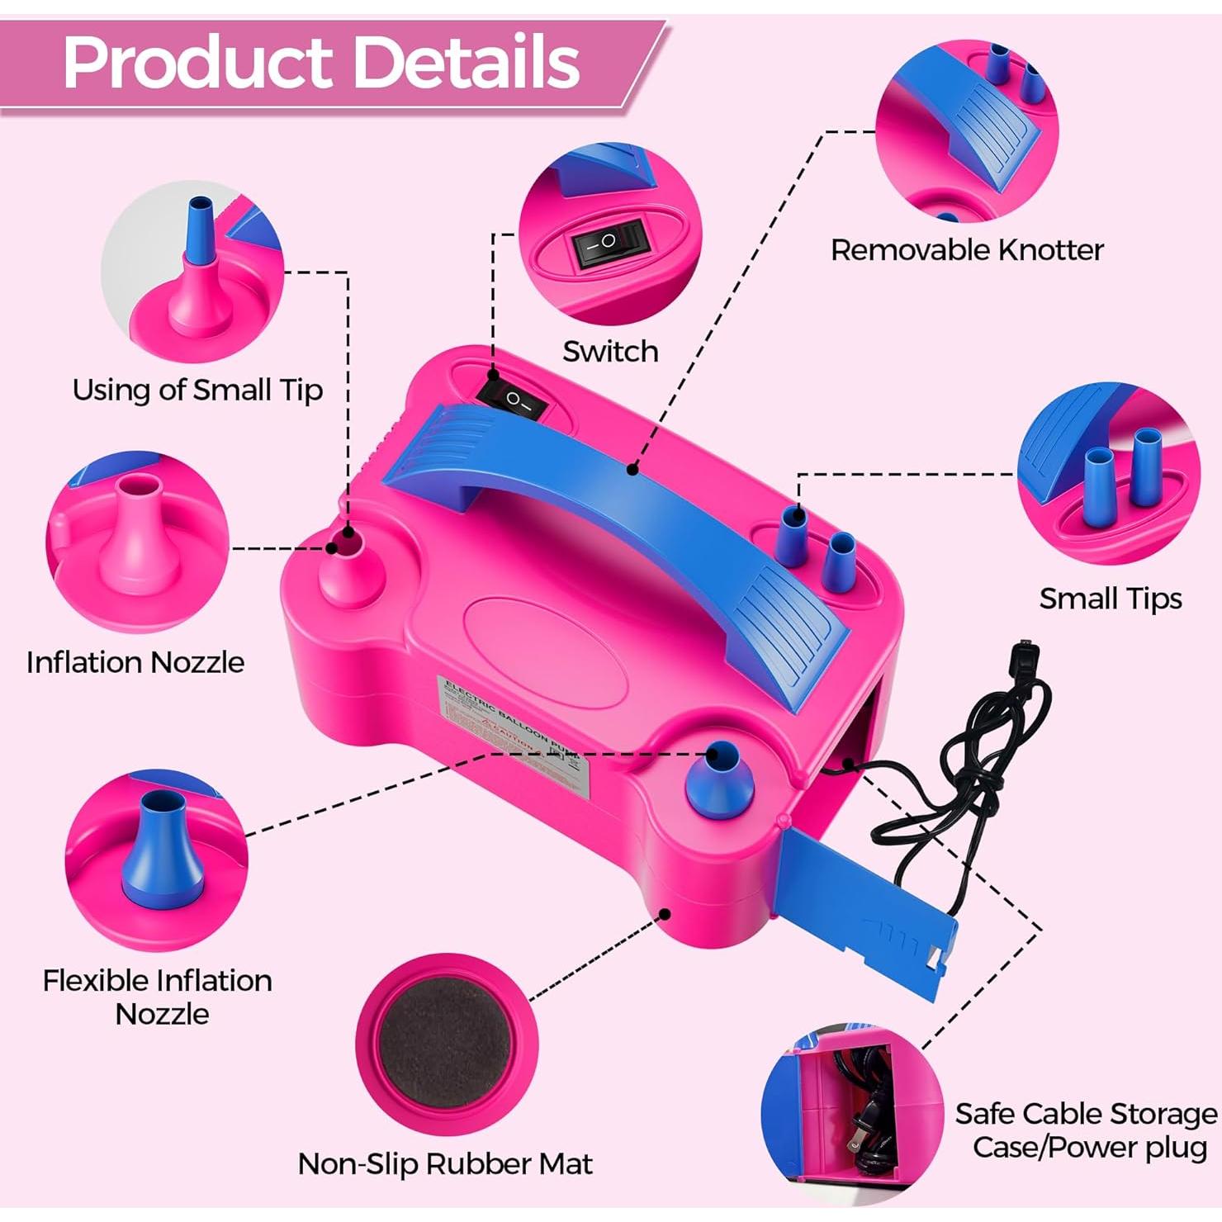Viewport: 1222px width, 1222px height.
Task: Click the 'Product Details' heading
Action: pyautogui.click(x=322, y=63)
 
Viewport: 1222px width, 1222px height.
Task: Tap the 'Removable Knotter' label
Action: pyautogui.click(x=967, y=249)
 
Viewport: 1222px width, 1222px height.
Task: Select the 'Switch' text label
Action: pyautogui.click(x=610, y=352)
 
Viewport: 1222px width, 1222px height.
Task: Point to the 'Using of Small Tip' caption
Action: pyautogui.click(x=197, y=390)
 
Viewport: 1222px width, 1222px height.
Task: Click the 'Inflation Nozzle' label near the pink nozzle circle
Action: pyautogui.click(x=135, y=662)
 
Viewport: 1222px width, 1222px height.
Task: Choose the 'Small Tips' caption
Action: pyautogui.click(x=1111, y=599)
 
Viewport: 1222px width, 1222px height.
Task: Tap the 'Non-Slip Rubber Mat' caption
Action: pyautogui.click(x=445, y=1164)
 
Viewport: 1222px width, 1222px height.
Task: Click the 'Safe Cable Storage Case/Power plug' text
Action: pyautogui.click(x=1087, y=1130)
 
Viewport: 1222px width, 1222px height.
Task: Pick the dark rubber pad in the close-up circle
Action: pyautogui.click(x=446, y=1044)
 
